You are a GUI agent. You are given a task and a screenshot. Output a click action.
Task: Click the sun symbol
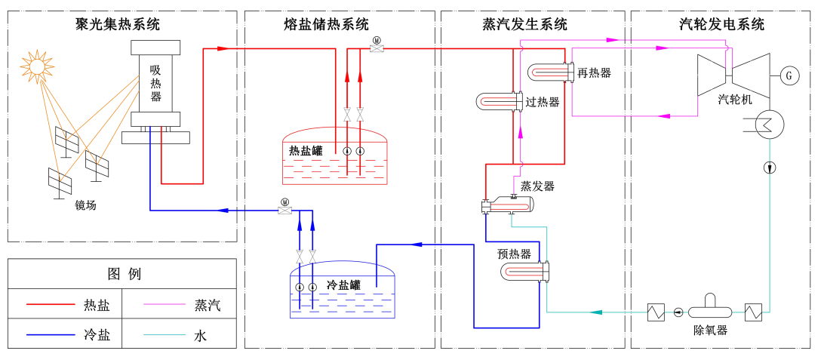[38, 65]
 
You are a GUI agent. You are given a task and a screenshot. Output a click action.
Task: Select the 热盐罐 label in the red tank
[306, 149]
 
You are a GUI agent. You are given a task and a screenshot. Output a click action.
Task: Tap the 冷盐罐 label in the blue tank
[344, 285]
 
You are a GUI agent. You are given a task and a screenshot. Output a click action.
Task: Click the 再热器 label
[594, 73]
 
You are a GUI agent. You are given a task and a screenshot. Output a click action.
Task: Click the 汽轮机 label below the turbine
[735, 100]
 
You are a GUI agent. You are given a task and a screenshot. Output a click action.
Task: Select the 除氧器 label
[709, 329]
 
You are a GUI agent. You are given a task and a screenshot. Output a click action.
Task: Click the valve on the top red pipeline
[375, 48]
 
